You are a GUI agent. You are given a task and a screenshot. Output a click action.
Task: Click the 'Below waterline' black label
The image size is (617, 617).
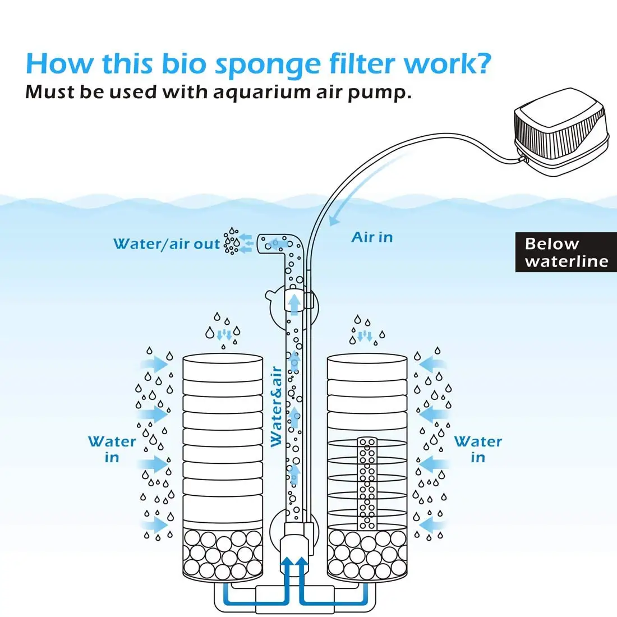565,252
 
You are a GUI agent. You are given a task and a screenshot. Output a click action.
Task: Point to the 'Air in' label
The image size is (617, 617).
372,238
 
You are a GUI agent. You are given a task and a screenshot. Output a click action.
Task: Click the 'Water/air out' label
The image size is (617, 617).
167,244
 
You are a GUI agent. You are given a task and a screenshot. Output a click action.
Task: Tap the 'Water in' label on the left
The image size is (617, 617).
112,449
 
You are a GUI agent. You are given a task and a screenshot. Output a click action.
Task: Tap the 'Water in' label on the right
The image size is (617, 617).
478,449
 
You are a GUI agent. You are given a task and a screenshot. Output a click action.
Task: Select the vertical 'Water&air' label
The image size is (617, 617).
276,407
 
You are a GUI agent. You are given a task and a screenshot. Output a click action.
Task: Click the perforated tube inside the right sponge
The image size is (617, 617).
367,482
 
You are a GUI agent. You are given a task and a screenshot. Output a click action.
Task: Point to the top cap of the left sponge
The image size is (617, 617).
223,359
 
